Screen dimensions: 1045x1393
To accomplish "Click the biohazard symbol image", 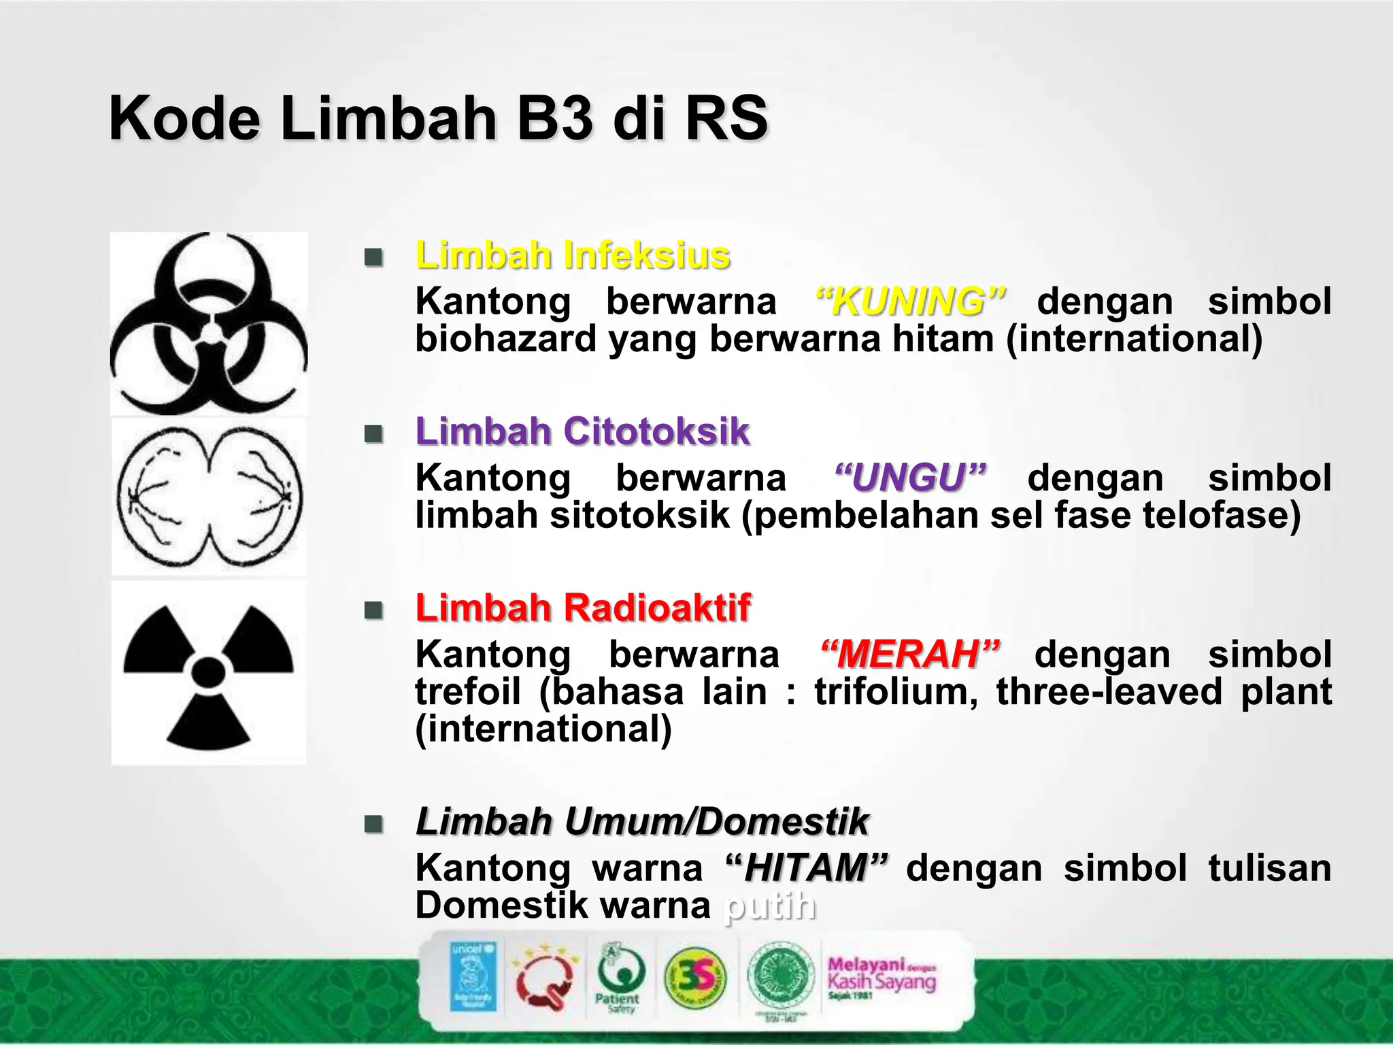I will tap(209, 324).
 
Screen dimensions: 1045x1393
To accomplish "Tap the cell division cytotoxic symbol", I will tap(209, 496).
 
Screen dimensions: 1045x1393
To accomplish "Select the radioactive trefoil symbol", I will tap(209, 673).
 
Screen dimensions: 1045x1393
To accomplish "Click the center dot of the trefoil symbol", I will tap(208, 671).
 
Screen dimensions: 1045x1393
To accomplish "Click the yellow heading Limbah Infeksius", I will tap(573, 256).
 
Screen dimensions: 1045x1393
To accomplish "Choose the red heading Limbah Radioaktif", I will tap(583, 608).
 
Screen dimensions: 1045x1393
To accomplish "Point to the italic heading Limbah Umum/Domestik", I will tap(642, 821).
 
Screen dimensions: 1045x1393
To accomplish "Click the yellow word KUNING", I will tap(909, 301).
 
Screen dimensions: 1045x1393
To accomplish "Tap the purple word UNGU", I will tap(909, 478).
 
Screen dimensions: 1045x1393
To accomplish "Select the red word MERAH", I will tap(909, 654).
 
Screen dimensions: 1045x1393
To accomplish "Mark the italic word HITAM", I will tap(807, 868).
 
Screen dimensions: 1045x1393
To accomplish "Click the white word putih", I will tap(769, 906).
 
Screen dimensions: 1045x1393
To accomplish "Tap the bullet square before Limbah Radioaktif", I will tap(373, 610).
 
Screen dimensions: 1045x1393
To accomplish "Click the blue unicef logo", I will tap(473, 976).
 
